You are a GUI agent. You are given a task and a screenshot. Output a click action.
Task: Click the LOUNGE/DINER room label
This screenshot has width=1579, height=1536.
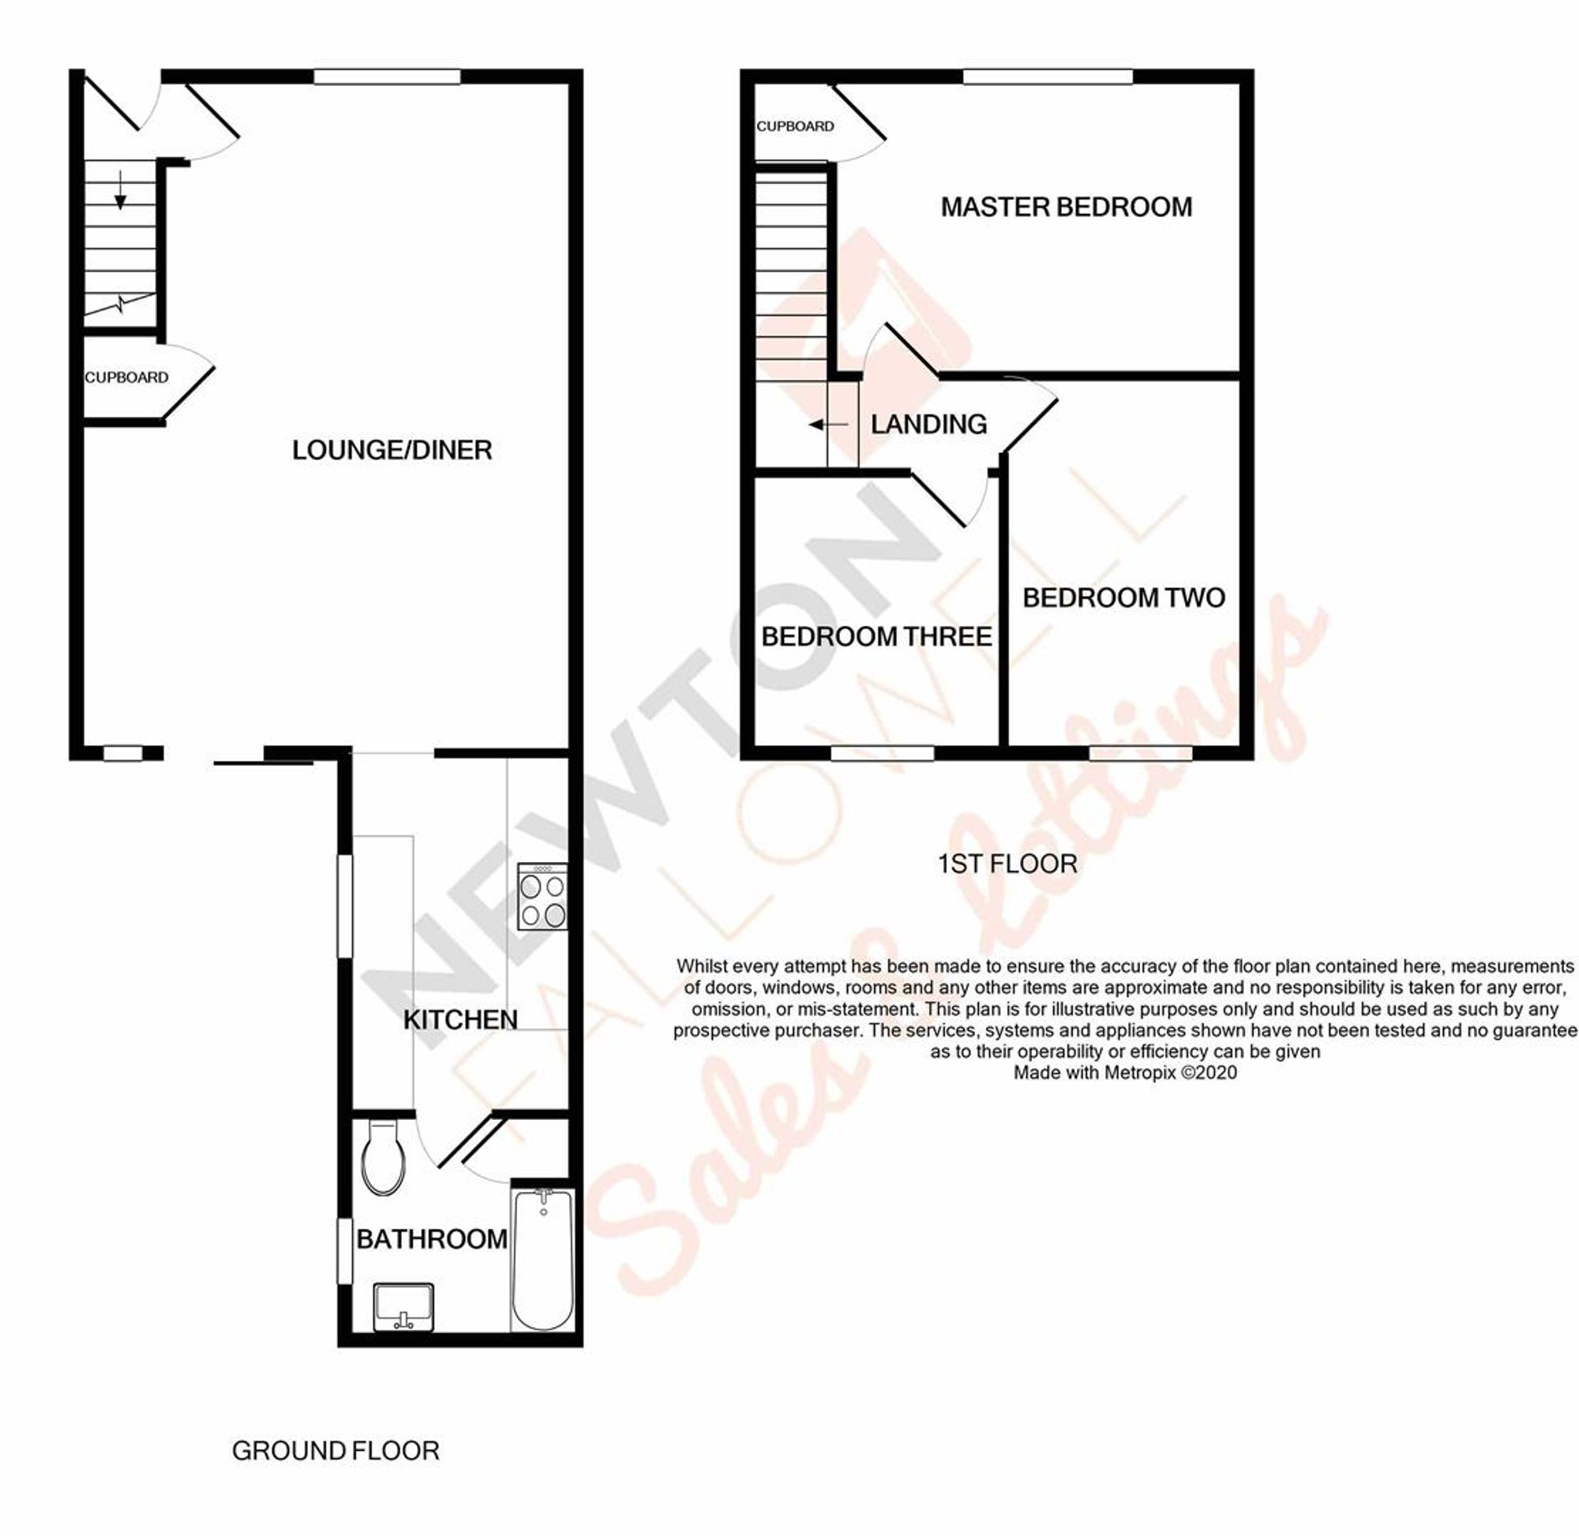pyautogui.click(x=392, y=450)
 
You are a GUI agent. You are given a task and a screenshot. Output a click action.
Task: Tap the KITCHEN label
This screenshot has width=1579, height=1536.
pyautogui.click(x=460, y=1020)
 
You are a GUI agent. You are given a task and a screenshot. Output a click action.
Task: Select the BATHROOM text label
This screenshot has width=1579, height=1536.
pyautogui.click(x=432, y=1239)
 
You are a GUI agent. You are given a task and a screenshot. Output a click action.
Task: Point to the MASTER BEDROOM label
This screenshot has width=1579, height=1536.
pyautogui.click(x=1066, y=208)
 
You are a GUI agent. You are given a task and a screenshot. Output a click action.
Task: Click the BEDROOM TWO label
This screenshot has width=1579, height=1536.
pyautogui.click(x=1123, y=598)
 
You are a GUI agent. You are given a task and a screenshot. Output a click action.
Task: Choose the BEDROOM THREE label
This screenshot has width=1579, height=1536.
pyautogui.click(x=876, y=636)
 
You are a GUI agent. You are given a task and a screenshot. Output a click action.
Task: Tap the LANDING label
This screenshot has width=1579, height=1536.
pyautogui.click(x=928, y=425)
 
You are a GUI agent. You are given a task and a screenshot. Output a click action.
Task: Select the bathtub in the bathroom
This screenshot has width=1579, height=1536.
pyautogui.click(x=543, y=1258)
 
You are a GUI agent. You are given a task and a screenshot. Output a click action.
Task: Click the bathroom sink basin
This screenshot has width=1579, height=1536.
pyautogui.click(x=403, y=1307)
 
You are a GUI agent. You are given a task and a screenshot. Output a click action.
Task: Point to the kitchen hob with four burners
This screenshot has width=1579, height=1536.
pyautogui.click(x=542, y=897)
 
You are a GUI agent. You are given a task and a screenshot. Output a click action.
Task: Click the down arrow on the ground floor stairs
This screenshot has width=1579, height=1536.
pyautogui.click(x=120, y=190)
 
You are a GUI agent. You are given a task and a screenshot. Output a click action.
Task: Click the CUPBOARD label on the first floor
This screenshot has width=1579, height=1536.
pyautogui.click(x=795, y=126)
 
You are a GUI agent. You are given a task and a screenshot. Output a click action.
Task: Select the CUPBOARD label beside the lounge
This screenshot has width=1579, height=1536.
pyautogui.click(x=126, y=377)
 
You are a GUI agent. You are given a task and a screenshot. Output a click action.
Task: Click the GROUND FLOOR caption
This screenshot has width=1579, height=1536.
pyautogui.click(x=335, y=1452)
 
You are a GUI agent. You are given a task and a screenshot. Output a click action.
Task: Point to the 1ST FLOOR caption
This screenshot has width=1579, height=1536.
pyautogui.click(x=1007, y=864)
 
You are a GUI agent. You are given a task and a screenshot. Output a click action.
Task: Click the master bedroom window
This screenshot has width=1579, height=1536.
pyautogui.click(x=1048, y=77)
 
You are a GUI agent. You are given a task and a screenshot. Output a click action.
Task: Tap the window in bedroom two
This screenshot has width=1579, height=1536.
pyautogui.click(x=1140, y=753)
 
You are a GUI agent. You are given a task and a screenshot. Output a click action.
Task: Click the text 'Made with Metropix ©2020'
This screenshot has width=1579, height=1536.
pyautogui.click(x=1125, y=1072)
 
